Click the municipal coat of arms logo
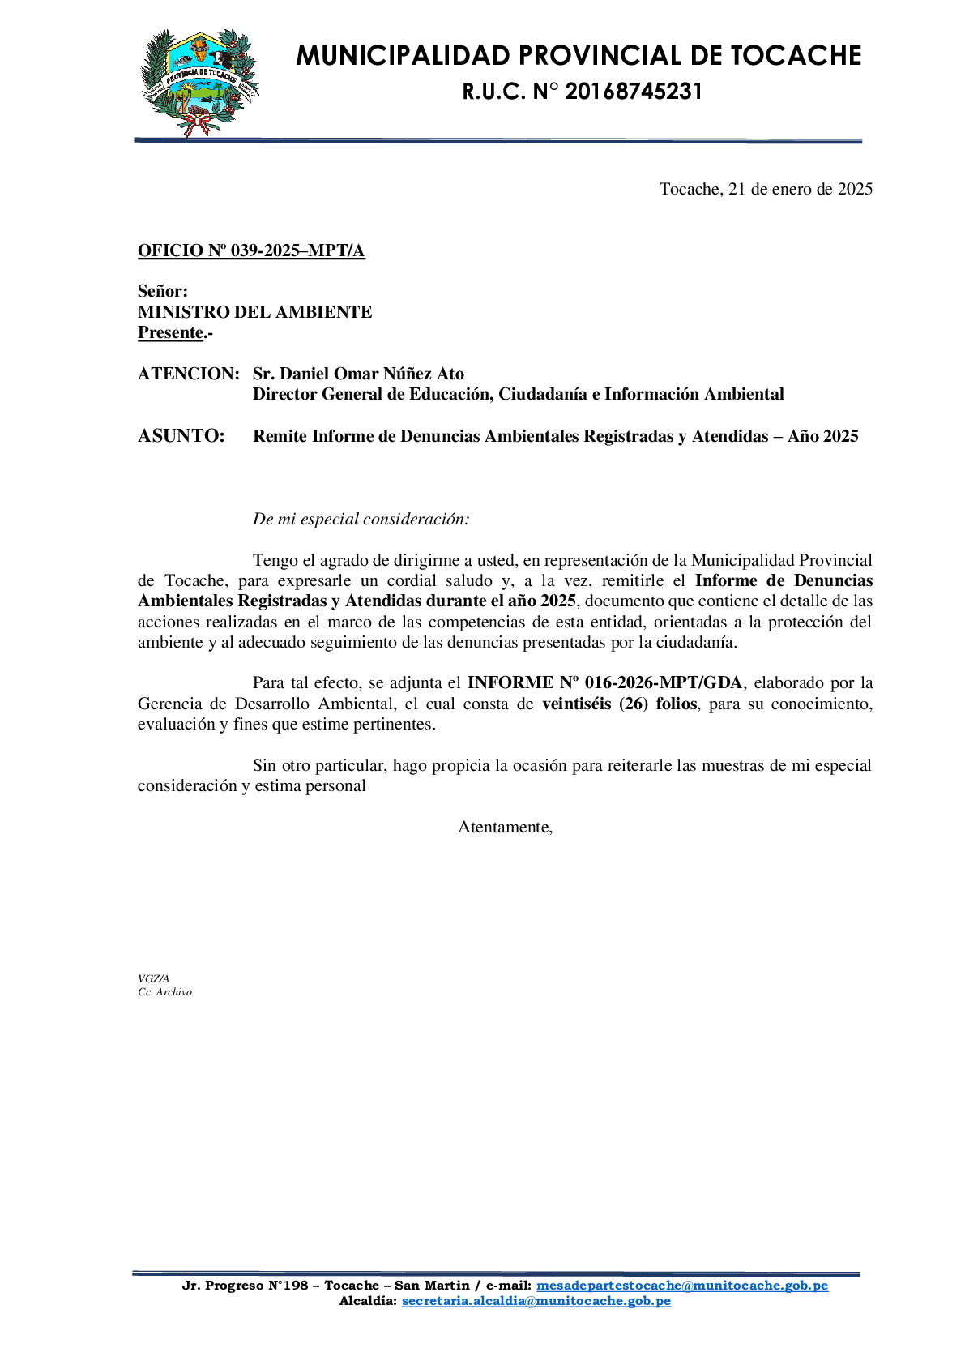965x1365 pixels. (199, 82)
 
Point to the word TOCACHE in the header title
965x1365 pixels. (796, 55)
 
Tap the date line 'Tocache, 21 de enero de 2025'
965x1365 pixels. (766, 189)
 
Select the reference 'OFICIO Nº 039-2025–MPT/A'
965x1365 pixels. (251, 250)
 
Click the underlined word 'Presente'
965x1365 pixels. (170, 332)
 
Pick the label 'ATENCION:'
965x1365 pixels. (188, 374)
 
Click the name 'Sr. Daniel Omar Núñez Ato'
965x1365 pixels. (358, 374)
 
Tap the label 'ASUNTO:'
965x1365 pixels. (181, 436)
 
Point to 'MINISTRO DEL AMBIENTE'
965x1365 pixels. (254, 312)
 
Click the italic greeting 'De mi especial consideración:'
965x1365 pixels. (361, 519)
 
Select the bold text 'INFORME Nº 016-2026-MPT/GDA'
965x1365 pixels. (604, 682)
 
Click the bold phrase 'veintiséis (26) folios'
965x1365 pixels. (619, 704)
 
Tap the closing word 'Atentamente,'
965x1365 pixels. (505, 827)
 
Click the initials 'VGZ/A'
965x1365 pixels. (153, 978)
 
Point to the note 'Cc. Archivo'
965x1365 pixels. (164, 991)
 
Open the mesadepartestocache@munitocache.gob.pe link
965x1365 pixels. (681, 1286)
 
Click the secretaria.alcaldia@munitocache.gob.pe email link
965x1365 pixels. (536, 1301)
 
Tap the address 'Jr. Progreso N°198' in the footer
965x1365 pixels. (245, 1286)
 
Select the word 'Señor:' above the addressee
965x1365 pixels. (162, 291)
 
